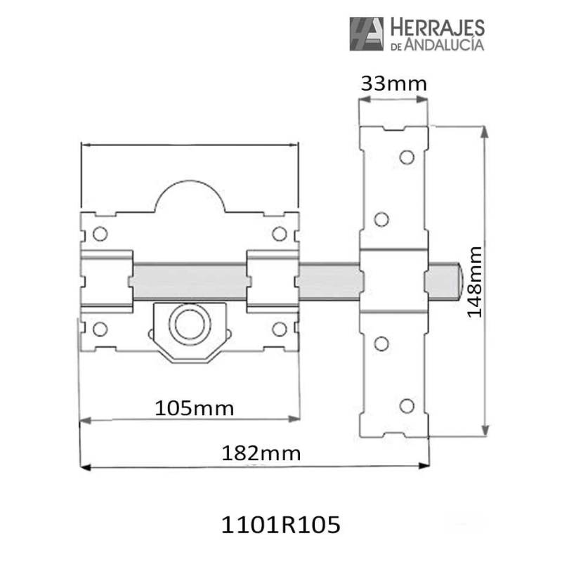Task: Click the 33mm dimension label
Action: pyautogui.click(x=393, y=84)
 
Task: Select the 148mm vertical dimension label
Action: pyautogui.click(x=474, y=282)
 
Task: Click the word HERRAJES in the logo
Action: pyautogui.click(x=436, y=28)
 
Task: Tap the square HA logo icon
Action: pyautogui.click(x=367, y=34)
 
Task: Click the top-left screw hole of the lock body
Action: pyautogui.click(x=100, y=233)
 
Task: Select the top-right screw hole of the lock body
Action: pyautogui.click(x=280, y=233)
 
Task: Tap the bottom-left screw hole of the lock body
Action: pyautogui.click(x=100, y=328)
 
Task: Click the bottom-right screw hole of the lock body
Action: pyautogui.click(x=280, y=328)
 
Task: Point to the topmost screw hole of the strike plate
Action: pyautogui.click(x=407, y=157)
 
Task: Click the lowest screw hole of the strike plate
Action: pyautogui.click(x=407, y=405)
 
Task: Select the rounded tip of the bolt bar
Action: pyautogui.click(x=457, y=278)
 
